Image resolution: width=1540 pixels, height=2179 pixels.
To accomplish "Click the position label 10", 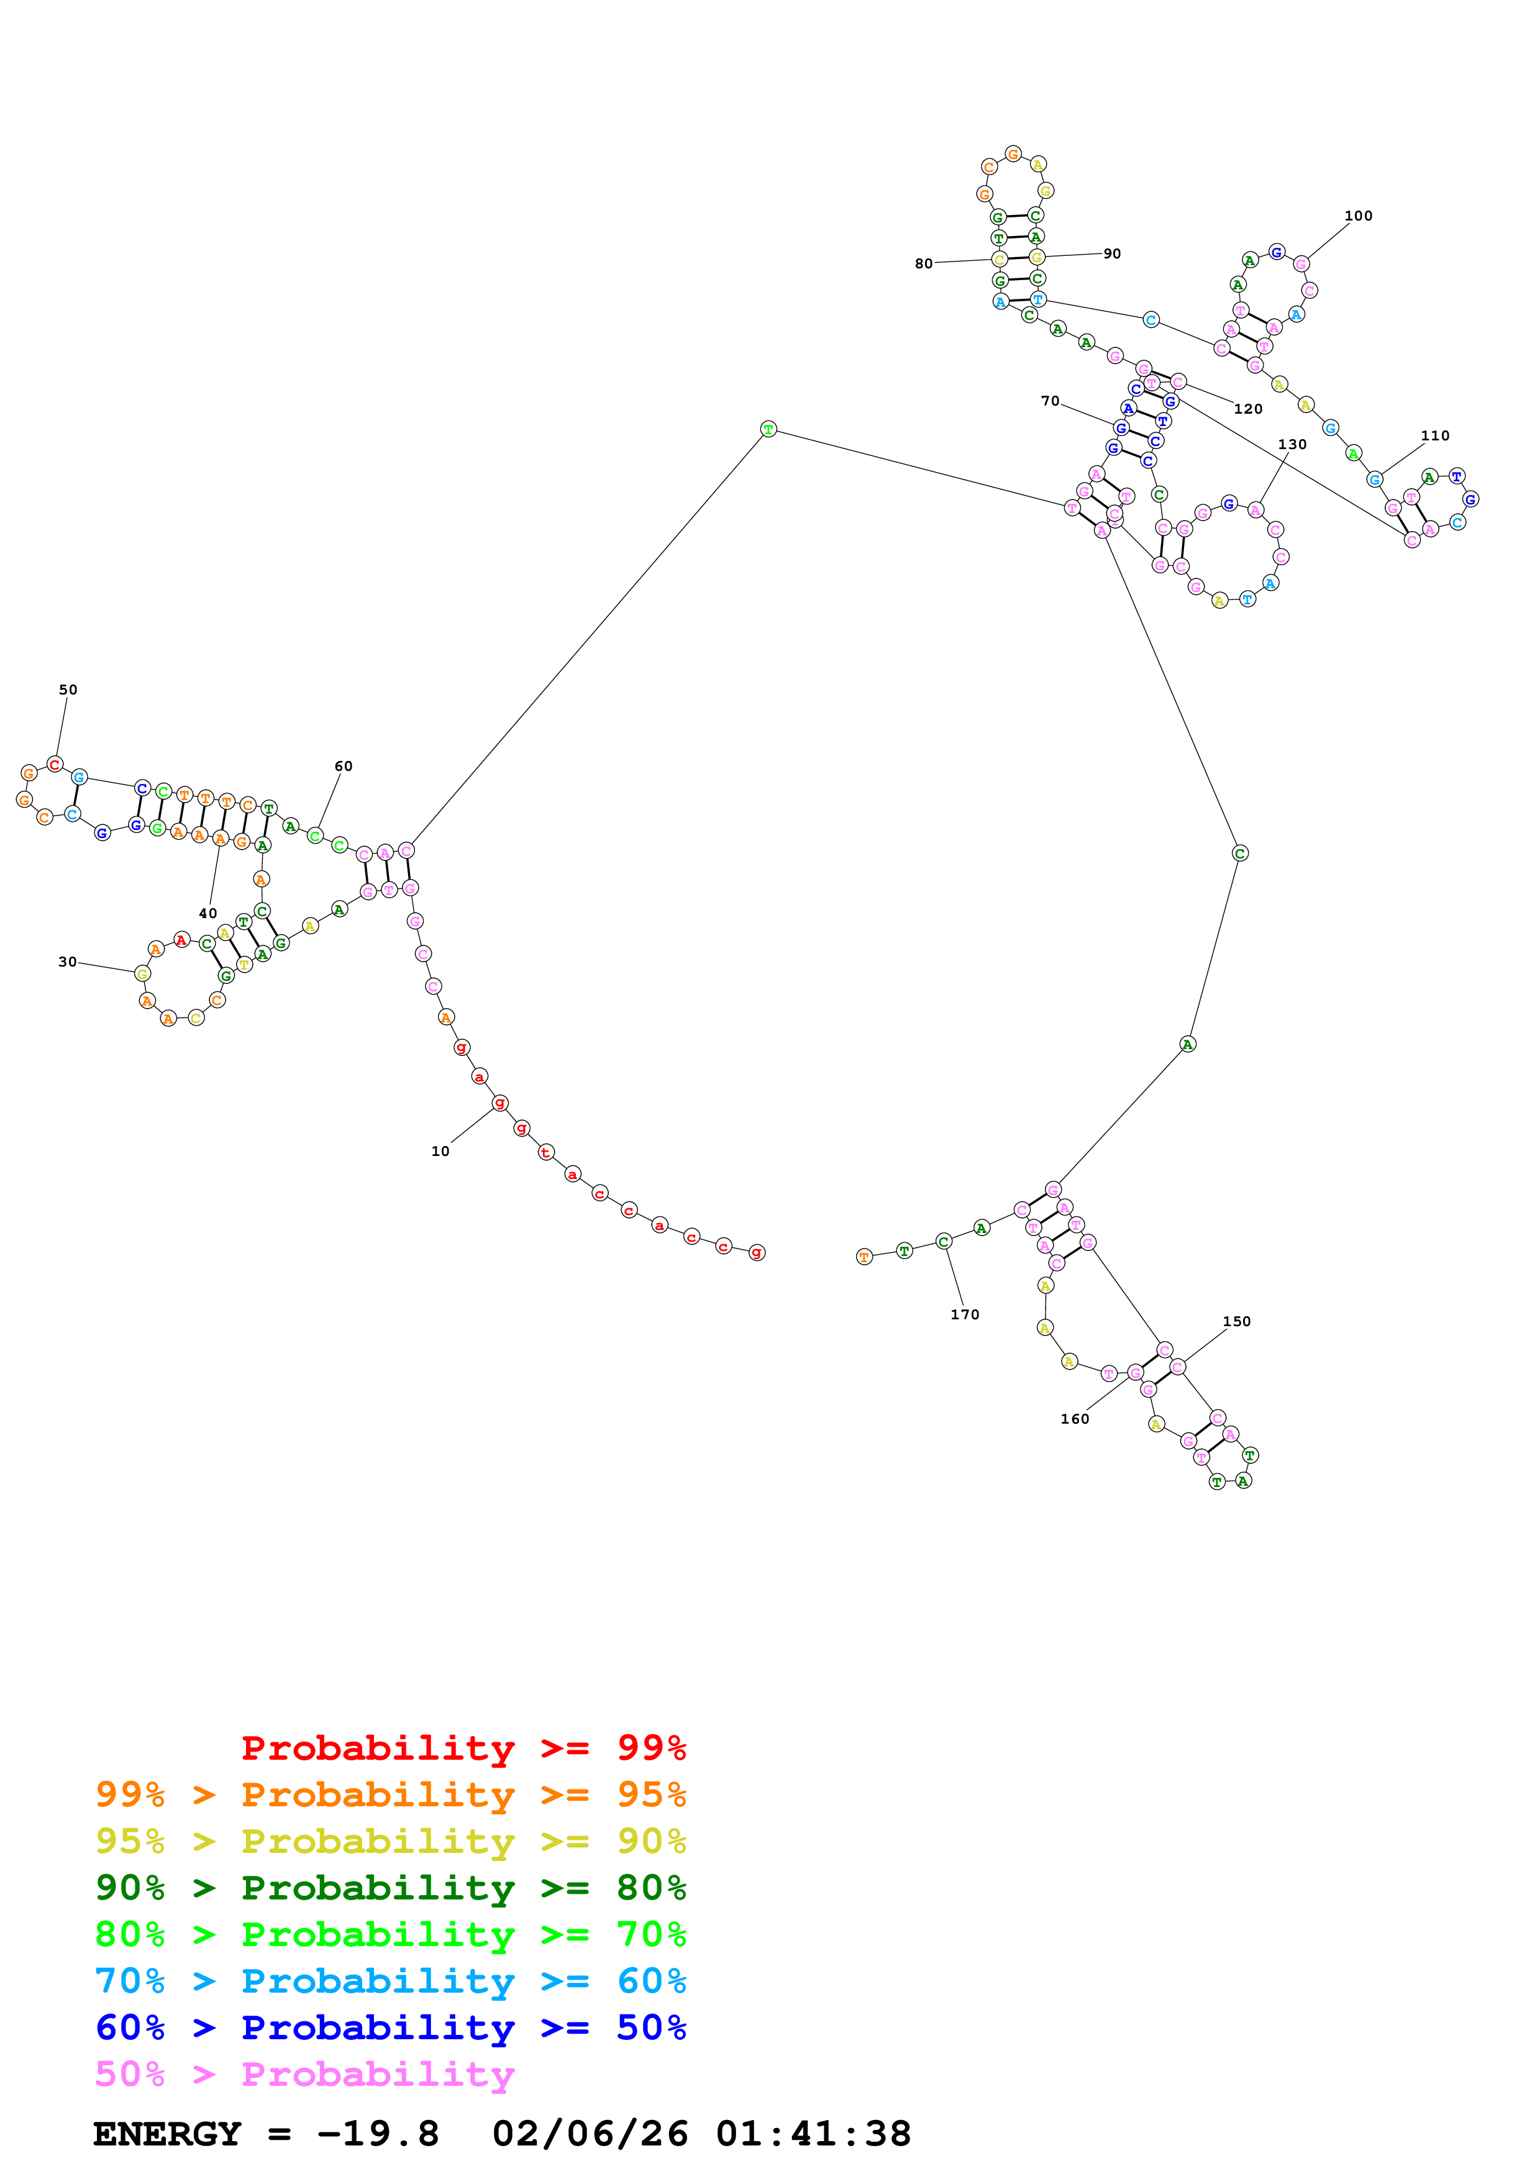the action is (x=440, y=1151).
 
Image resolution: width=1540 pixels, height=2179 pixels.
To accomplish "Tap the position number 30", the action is (x=67, y=962).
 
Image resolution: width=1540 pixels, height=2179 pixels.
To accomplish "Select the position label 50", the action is (x=68, y=690).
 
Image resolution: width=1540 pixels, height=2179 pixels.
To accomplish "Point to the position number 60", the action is (x=344, y=766).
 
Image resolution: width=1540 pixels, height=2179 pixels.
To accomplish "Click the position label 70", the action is (x=1050, y=401).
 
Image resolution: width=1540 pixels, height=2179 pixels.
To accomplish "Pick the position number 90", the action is (x=1112, y=253).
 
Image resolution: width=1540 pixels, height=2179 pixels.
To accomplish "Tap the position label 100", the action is (x=1358, y=216).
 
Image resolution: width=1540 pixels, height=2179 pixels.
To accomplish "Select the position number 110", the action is (x=1434, y=435).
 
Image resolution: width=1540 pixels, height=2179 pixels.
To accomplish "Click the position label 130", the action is (x=1292, y=444).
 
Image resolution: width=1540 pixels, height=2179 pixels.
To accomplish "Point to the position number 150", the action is (x=1236, y=1321).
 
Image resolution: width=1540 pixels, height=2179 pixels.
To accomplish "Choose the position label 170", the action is (x=965, y=1314).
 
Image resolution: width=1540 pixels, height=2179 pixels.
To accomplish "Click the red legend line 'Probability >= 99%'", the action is (x=463, y=1748).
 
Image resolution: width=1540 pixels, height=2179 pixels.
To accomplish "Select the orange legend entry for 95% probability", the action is (x=390, y=1795).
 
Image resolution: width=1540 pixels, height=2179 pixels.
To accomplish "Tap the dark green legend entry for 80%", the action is (x=390, y=1888).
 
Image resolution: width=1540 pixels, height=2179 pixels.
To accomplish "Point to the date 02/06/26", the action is (x=590, y=2134).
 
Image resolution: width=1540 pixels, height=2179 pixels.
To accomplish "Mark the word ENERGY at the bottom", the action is (x=167, y=2134).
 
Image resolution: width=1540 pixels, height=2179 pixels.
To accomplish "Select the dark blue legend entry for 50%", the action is (x=390, y=2027).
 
